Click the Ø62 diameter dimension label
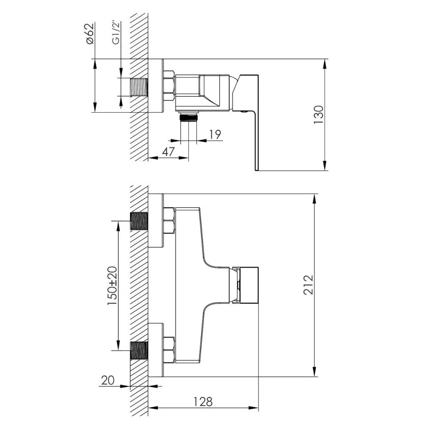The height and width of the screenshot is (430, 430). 90,34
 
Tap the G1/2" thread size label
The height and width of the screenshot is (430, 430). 116,33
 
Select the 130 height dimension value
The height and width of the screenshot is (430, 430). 318,115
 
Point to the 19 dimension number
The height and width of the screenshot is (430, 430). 215,134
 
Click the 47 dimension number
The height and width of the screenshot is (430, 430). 168,151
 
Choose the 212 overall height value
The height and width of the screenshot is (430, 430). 308,285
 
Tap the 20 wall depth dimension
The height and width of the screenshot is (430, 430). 108,381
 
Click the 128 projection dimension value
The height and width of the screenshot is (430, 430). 203,402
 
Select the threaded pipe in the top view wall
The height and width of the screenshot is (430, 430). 139,87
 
